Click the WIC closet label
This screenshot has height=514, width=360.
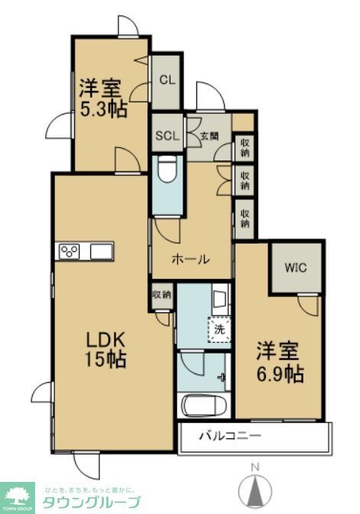click(296, 267)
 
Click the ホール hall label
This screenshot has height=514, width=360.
click(190, 259)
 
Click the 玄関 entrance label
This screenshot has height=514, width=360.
click(209, 137)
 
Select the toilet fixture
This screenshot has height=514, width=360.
click(166, 173)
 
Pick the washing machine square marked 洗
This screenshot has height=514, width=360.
click(219, 330)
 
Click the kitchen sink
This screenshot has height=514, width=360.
click(102, 251)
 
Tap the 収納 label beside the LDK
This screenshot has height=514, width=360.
click(161, 294)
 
